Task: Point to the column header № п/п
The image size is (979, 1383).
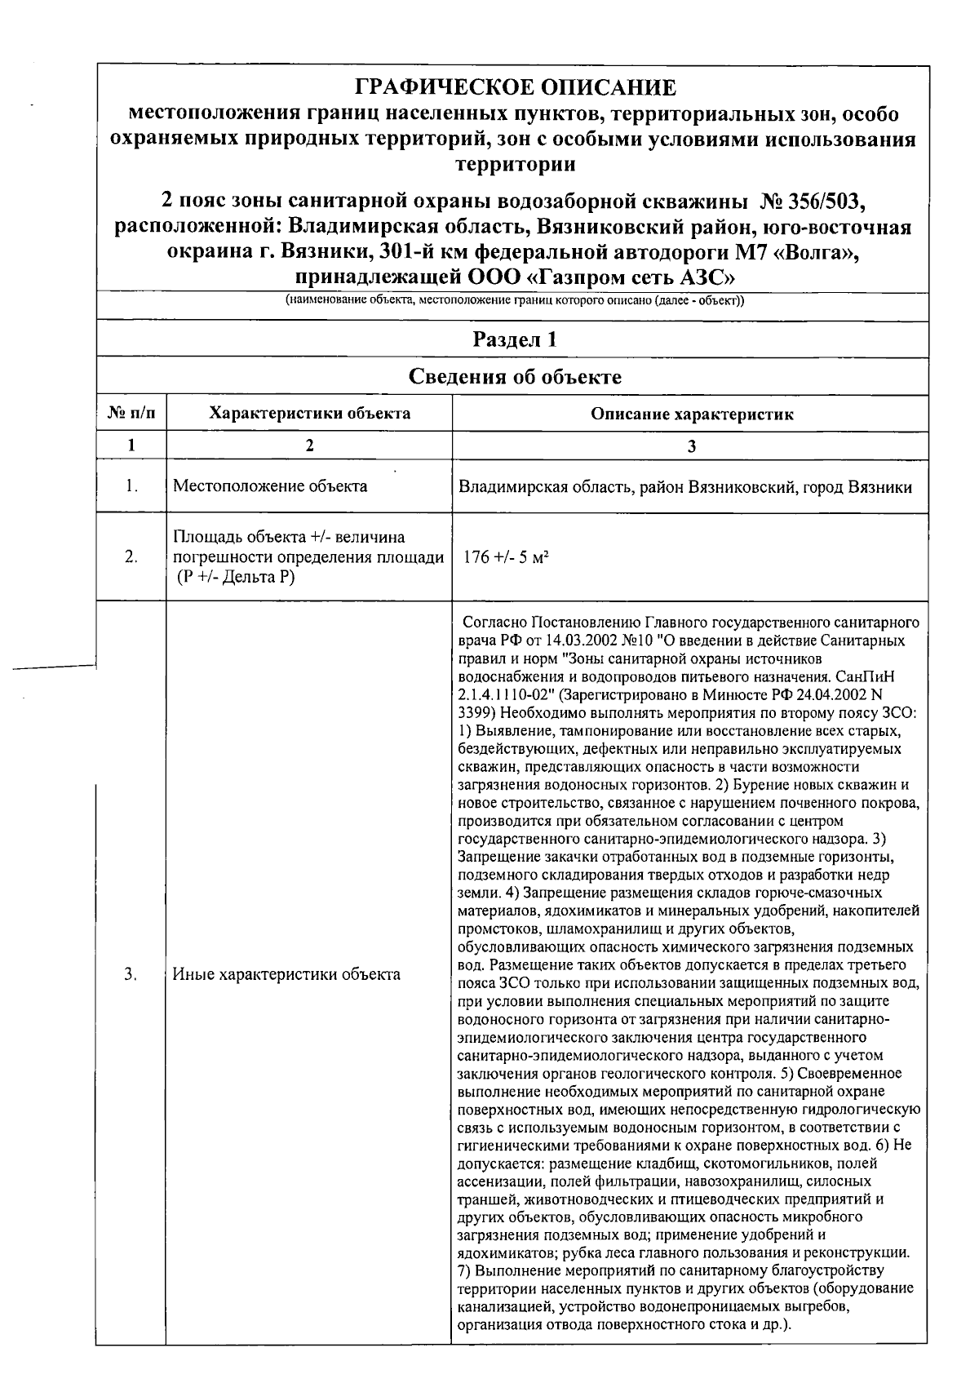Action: (x=131, y=414)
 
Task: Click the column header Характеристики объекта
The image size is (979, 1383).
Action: (x=309, y=414)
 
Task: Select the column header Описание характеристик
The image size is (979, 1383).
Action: (x=691, y=414)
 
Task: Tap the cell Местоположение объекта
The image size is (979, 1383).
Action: (x=270, y=487)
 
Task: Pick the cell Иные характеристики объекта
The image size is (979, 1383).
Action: (x=286, y=974)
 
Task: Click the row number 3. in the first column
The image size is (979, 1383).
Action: (x=131, y=974)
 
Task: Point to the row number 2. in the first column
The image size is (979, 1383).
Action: (x=131, y=557)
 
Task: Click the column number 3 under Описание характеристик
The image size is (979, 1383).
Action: (x=691, y=445)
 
